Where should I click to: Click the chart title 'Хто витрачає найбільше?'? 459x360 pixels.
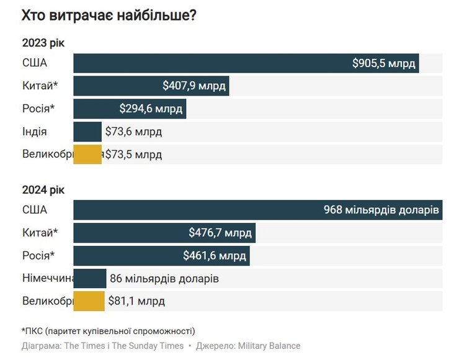point(109,16)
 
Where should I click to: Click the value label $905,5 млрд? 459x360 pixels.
point(384,63)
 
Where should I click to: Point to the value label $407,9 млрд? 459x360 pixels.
point(194,86)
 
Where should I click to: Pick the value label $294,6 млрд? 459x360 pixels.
point(151,109)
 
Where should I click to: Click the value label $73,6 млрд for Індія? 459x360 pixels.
point(133,132)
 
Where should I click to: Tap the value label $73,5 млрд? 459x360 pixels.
point(133,155)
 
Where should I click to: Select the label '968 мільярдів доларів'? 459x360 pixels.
point(381,210)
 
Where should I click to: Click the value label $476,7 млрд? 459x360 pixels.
point(220,233)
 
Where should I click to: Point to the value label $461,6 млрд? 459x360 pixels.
point(215,256)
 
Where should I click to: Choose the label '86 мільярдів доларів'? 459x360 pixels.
point(164,279)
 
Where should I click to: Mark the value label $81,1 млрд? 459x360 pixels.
point(136,302)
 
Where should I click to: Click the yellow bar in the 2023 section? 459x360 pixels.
point(87,155)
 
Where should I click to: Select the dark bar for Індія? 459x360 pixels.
point(87,132)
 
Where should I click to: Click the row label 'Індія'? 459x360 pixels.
point(34,132)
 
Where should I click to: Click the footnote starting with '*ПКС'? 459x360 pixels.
point(108,331)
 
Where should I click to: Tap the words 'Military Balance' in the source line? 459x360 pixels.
point(270,346)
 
